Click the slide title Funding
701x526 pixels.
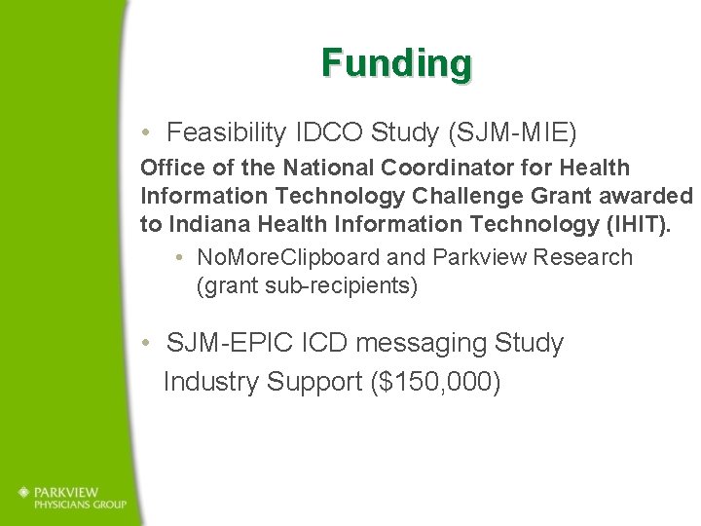(397, 63)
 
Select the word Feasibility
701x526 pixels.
(224, 131)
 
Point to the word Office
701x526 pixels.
(172, 169)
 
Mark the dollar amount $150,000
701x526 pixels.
(435, 382)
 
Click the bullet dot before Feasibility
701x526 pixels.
(145, 131)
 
